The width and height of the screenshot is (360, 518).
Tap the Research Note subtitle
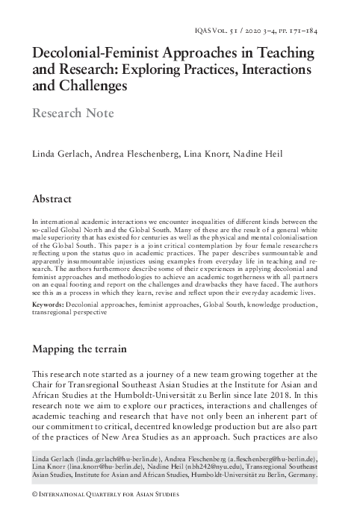pyautogui.click(x=72, y=113)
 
